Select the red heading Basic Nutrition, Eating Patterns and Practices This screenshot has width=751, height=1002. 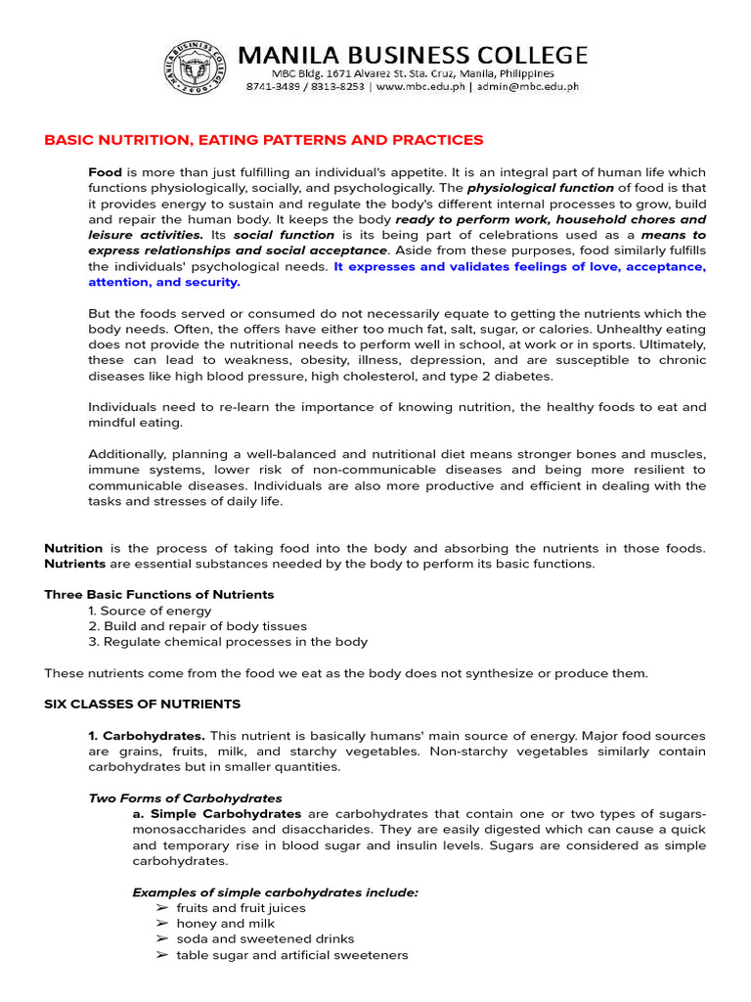click(264, 141)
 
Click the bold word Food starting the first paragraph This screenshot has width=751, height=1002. click(105, 172)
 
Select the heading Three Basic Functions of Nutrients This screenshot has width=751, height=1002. click(159, 595)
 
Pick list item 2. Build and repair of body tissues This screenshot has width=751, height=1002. click(198, 626)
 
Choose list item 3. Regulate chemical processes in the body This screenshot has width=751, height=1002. click(228, 642)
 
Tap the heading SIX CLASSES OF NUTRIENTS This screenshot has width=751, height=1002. click(143, 705)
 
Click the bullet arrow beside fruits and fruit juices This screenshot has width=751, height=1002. click(161, 908)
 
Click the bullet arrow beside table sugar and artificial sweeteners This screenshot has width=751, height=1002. click(161, 955)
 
